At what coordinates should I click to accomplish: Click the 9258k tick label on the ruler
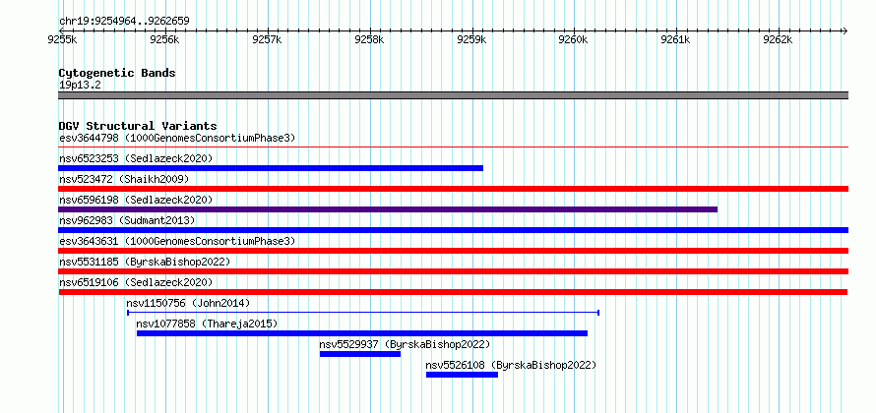369,40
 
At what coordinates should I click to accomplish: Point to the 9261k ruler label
675,40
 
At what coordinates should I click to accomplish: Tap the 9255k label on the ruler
63,40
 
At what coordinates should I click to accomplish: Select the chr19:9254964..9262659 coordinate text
124,22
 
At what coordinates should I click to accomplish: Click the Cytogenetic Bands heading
117,73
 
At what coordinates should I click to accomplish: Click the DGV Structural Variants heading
138,126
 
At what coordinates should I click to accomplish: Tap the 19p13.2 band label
80,86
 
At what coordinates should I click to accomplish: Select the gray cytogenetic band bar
453,95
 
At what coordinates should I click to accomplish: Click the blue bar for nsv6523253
271,168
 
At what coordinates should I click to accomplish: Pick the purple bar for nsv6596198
388,209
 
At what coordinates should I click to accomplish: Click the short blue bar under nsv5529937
360,354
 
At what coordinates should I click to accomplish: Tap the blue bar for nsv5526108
462,375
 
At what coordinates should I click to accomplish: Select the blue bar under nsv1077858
362,333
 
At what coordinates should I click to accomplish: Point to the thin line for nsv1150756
363,313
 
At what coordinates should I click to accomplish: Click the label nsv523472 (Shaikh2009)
124,179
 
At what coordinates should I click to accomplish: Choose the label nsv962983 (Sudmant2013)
127,220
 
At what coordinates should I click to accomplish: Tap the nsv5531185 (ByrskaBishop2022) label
144,262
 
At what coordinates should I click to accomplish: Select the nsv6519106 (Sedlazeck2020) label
136,282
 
